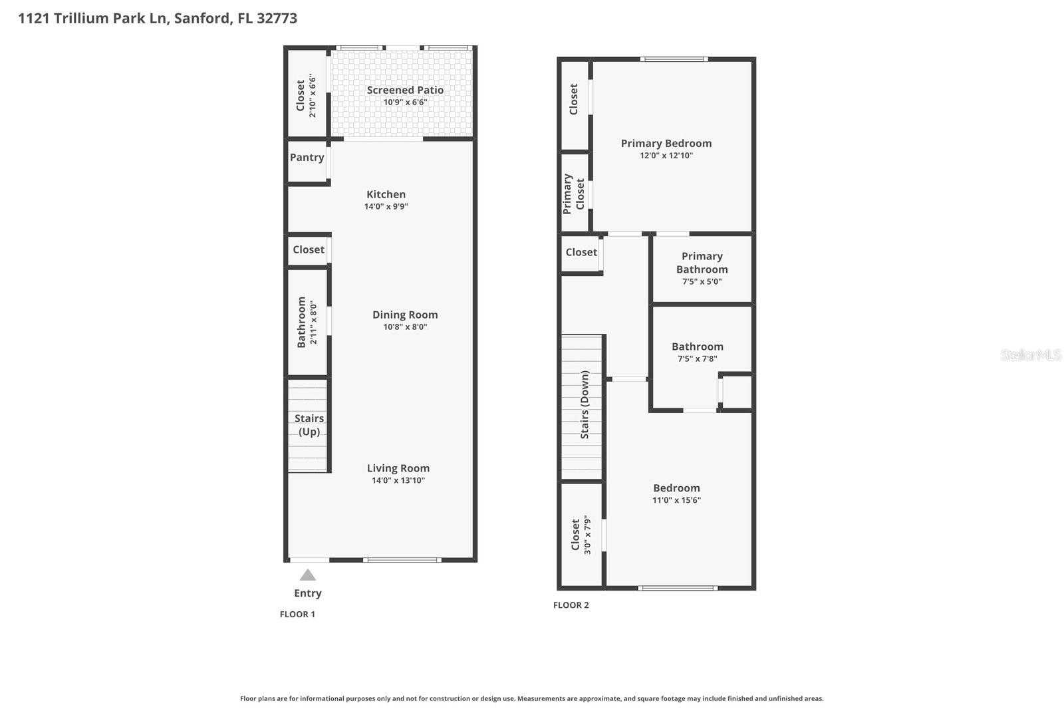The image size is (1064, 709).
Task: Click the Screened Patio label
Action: pos(405,90)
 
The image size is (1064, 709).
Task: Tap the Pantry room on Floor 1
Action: pos(307,158)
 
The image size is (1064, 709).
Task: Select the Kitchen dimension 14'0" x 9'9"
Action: pos(386,207)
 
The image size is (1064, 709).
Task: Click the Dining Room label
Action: pos(405,315)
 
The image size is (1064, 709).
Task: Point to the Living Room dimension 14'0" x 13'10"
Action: pos(398,481)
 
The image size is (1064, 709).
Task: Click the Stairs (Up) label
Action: pos(309,425)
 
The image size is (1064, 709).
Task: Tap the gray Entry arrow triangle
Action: pos(307,575)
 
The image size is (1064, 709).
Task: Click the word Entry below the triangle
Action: pos(307,593)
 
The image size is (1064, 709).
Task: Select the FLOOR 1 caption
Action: pos(297,615)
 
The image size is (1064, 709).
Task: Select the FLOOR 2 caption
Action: pos(571,605)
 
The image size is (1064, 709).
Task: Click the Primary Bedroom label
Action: pos(666,144)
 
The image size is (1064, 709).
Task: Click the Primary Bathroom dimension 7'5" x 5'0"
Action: pos(702,282)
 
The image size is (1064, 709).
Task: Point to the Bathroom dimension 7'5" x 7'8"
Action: pos(697,359)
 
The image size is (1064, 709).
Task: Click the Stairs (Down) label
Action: pos(585,404)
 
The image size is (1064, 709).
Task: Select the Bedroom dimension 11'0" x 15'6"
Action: pos(676,501)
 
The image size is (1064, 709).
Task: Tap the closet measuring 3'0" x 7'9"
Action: pos(580,535)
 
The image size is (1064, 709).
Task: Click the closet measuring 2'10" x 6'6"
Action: pos(306,96)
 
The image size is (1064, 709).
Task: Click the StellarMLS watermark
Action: pos(1030,355)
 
